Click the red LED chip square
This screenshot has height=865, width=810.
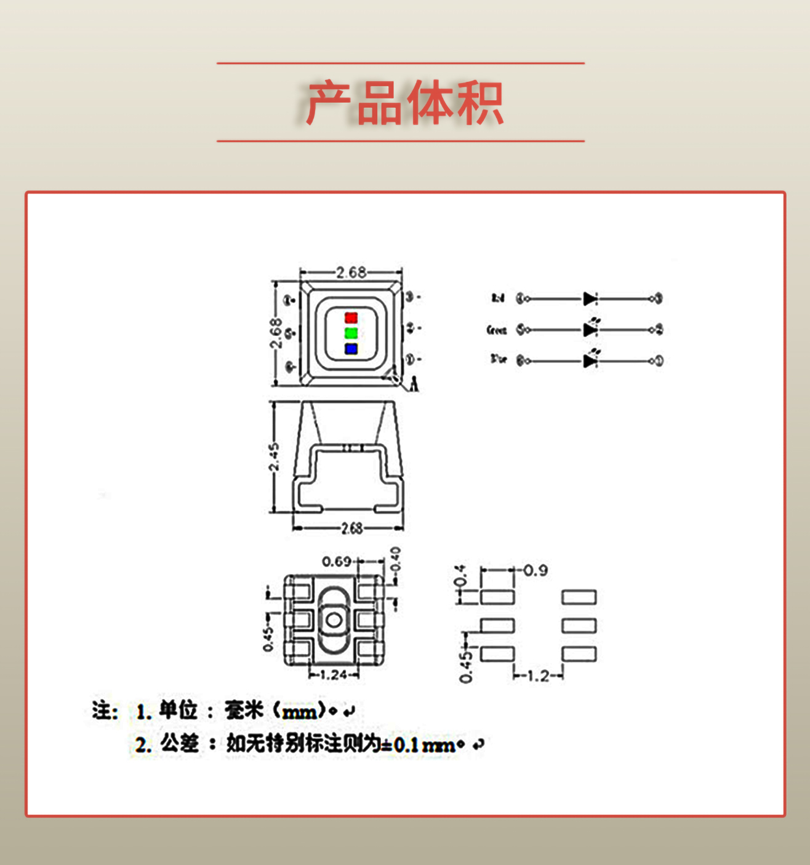[351, 317]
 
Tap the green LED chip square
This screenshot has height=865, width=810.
[351, 333]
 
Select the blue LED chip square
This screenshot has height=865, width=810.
[351, 349]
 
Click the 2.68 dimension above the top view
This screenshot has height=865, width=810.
[351, 272]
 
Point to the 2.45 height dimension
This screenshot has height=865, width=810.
[275, 456]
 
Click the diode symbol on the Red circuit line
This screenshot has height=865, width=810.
[590, 298]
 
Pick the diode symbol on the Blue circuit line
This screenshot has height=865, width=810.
[590, 361]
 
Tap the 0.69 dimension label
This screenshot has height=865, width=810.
[336, 561]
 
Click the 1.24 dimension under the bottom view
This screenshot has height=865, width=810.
[334, 675]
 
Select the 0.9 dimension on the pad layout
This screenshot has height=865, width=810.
[535, 570]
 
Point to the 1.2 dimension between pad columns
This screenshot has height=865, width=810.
[538, 676]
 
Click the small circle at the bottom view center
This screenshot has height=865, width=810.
[334, 620]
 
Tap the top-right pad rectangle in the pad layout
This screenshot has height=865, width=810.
[579, 597]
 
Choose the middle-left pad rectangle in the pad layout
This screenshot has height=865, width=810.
[497, 626]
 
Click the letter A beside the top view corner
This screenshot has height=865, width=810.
[414, 385]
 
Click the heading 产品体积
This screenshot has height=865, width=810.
[404, 103]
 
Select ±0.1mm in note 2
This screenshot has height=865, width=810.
[419, 745]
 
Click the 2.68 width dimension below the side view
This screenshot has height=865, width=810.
[351, 528]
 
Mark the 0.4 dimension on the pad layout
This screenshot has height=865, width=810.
[460, 577]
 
